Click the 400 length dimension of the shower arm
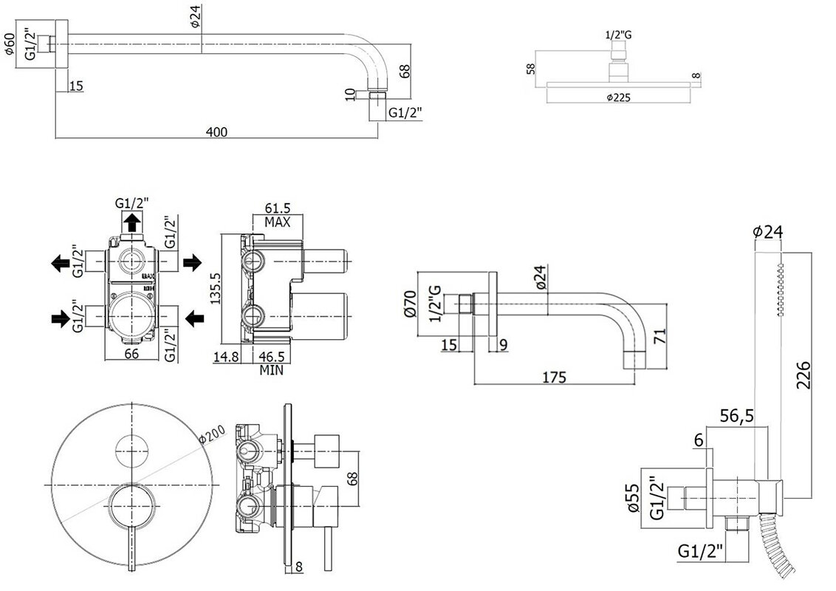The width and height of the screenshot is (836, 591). pos(216,131)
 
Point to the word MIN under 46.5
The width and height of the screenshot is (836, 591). pos(272,371)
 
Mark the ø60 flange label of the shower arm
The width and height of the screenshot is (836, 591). pos(10,45)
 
